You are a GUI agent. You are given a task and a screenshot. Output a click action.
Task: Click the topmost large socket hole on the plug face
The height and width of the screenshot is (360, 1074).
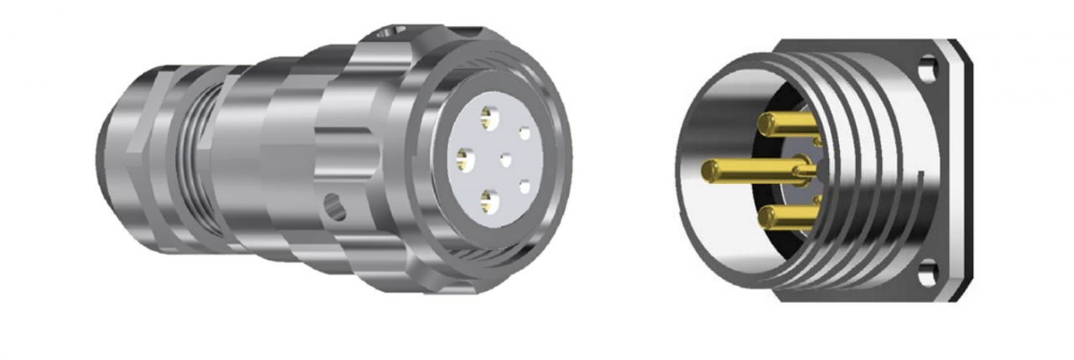pos(487,117)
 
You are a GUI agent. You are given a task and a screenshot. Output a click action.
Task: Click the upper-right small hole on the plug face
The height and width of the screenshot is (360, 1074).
pos(524,133)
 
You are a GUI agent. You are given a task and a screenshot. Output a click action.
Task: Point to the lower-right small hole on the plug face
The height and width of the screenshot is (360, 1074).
pos(525,186)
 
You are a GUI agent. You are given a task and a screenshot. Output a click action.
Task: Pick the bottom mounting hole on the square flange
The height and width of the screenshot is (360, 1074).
pos(927,273)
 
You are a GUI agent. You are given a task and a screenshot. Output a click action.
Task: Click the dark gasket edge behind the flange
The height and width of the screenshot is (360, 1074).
pos(966,168)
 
